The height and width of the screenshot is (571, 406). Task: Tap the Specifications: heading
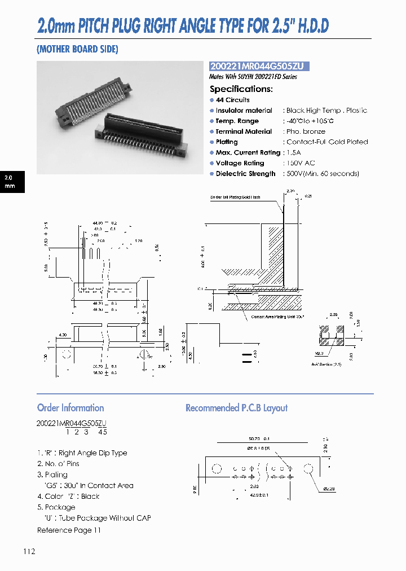coord(241,89)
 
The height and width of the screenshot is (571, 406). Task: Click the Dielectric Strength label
coord(245,174)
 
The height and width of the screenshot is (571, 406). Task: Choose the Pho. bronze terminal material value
coord(306,131)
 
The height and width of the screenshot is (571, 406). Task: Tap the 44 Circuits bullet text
coord(232,100)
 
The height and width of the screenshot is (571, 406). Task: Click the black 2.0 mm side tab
coord(12,181)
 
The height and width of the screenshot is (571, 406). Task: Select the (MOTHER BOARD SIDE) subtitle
coord(77,49)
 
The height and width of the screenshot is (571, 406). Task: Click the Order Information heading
coord(70,408)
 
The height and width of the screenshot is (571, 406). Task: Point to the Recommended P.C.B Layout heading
coord(236,408)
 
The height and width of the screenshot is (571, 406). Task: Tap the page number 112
coord(30,551)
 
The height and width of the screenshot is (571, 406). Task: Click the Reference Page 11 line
coord(69,530)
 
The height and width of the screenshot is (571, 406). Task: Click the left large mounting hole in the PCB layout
coord(216,469)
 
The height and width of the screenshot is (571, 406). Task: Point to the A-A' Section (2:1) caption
coord(327,365)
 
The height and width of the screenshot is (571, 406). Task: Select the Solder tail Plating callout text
coord(235,197)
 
